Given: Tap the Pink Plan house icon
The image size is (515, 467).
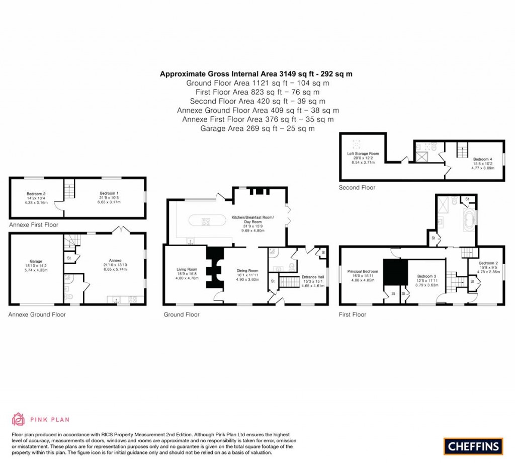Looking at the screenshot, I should click(18, 419).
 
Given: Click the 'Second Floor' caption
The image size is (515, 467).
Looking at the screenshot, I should click(357, 188).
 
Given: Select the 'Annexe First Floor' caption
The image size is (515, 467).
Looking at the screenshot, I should click(34, 225).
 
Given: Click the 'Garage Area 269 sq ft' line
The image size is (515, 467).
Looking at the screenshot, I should click(257, 128).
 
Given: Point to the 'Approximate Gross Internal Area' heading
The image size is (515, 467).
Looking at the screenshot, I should click(256, 73).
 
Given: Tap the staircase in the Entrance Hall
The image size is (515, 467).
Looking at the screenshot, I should click(289, 282).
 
